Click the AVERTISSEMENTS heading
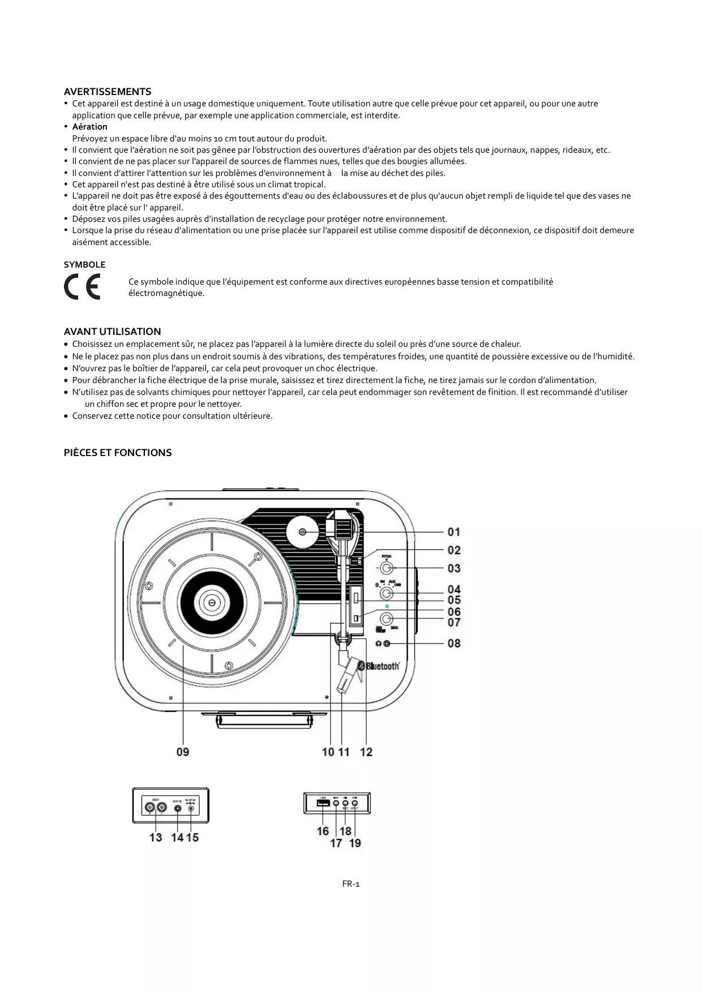click(x=107, y=92)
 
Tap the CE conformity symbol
click(x=82, y=287)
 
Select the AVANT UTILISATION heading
click(x=112, y=332)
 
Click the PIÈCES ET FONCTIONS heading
click(x=117, y=453)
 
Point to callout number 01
click(x=453, y=532)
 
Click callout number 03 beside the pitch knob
click(x=453, y=568)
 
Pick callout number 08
click(x=453, y=643)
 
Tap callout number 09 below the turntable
click(x=182, y=752)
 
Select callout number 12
click(x=366, y=752)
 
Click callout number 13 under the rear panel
click(x=156, y=837)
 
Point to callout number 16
click(x=323, y=831)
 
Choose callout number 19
click(x=355, y=843)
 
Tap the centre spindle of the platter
click(x=211, y=603)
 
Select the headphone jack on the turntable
click(x=387, y=643)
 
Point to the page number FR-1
click(x=351, y=884)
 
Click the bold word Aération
click(x=89, y=127)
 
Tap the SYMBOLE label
click(x=84, y=265)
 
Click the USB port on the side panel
click(x=323, y=803)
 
